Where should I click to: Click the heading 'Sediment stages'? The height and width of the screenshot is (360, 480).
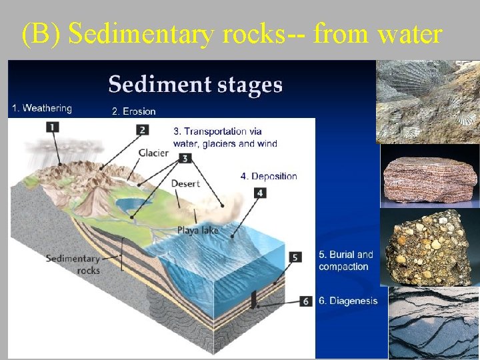[195, 85]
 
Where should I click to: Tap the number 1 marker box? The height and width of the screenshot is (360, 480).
[52, 127]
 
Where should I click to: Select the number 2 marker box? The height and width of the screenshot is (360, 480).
[142, 129]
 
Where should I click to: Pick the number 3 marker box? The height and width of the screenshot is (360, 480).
[185, 159]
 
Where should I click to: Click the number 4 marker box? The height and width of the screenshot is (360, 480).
[260, 193]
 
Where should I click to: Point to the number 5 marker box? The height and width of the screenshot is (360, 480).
[295, 257]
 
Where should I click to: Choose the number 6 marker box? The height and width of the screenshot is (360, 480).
[305, 301]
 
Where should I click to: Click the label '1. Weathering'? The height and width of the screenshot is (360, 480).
[41, 108]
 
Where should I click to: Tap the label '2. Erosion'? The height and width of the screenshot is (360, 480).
[133, 111]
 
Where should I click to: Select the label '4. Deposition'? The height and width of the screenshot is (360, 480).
[269, 176]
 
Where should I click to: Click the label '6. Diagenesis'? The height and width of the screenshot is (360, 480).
[348, 301]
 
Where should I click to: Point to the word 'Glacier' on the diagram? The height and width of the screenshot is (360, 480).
[153, 153]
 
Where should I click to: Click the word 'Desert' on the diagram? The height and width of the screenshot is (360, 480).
[185, 183]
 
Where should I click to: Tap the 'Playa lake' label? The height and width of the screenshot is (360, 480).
[198, 231]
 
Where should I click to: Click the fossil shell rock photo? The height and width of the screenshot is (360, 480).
[427, 101]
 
